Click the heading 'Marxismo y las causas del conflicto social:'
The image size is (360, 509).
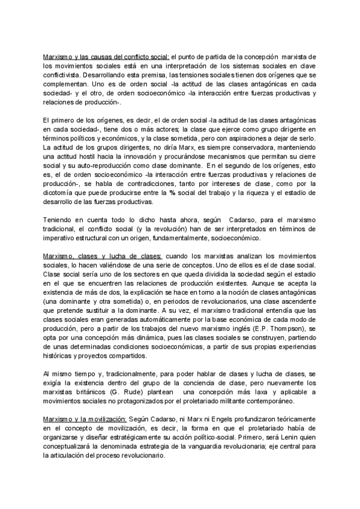[106, 56]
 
